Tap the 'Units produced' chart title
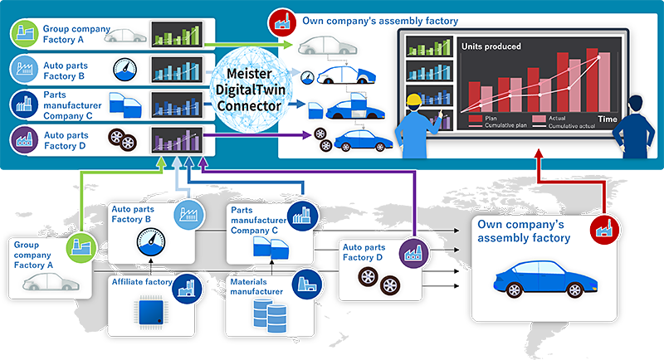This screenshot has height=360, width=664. tap(491, 46)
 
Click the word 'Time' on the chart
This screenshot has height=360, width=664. tap(607, 119)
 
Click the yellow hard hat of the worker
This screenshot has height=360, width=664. tap(413, 101)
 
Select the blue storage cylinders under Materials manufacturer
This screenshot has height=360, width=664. tap(268, 312)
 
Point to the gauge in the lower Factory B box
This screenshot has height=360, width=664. tap(150, 243)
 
